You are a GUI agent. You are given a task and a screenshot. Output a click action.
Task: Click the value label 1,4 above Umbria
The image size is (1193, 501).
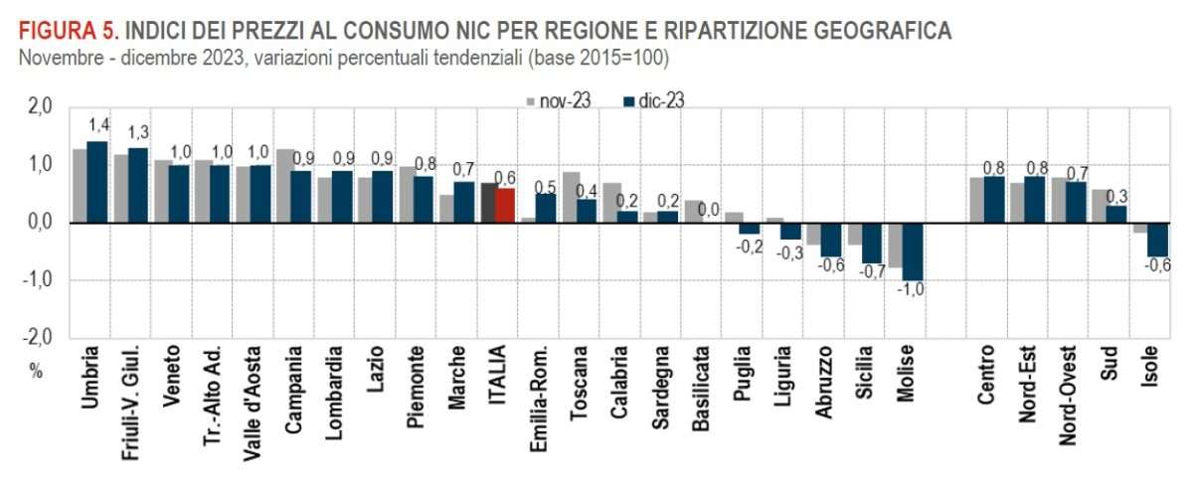pyautogui.click(x=97, y=124)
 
